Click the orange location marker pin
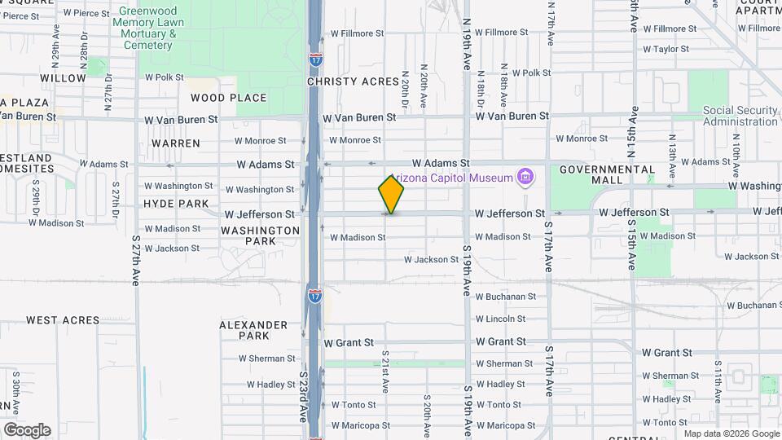tap(391, 194)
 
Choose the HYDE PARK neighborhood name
tap(175, 204)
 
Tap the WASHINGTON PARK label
tap(261, 235)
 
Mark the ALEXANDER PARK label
tap(253, 330)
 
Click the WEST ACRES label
tap(63, 320)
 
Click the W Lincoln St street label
tap(500, 319)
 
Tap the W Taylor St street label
tap(666, 49)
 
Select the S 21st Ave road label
tap(384, 369)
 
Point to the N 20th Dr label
tap(404, 92)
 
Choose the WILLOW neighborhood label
tap(63, 78)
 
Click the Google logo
tap(27, 429)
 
